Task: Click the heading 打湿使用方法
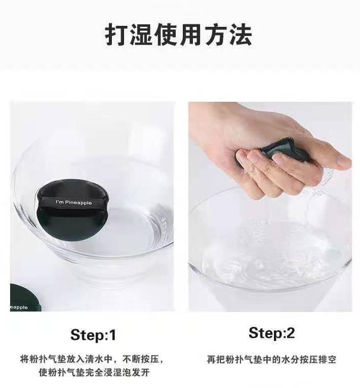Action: pyautogui.click(x=179, y=34)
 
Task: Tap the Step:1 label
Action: pyautogui.click(x=93, y=335)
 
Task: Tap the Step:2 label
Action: pyautogui.click(x=272, y=333)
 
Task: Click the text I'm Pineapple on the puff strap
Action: pyautogui.click(x=74, y=203)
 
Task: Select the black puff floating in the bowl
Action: pyautogui.click(x=73, y=210)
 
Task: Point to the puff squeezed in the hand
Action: pyautogui.click(x=285, y=151)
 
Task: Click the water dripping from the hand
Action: pyautogui.click(x=319, y=188)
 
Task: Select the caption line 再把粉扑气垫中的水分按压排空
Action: pyautogui.click(x=271, y=360)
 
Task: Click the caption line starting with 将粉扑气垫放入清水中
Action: pyautogui.click(x=92, y=359)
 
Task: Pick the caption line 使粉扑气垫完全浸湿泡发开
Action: pyautogui.click(x=94, y=372)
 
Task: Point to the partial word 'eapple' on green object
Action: pyautogui.click(x=19, y=307)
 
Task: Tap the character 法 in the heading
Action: pyautogui.click(x=240, y=34)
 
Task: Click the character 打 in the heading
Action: pyautogui.click(x=116, y=34)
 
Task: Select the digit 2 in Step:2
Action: pyautogui.click(x=290, y=333)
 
